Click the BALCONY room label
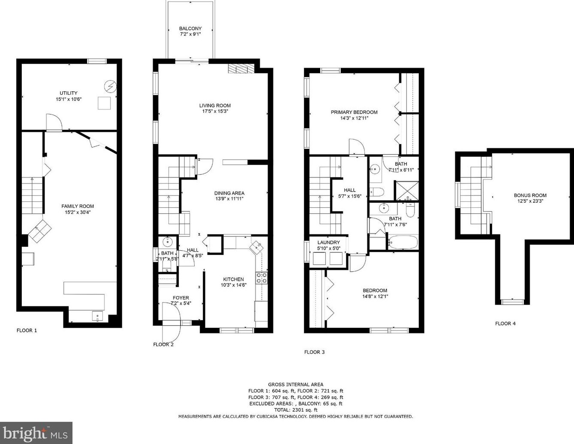(190, 28)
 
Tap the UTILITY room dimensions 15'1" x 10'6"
(69, 99)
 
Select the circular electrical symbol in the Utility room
(110, 86)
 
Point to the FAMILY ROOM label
(78, 206)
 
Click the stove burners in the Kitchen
(261, 278)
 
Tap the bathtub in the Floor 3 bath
(403, 242)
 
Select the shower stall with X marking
(406, 191)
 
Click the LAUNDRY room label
(329, 242)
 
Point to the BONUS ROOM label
(530, 195)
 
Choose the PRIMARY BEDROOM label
(354, 112)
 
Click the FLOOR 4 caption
(505, 324)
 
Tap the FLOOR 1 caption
(27, 330)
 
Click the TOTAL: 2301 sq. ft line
(296, 410)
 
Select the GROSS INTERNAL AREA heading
(296, 384)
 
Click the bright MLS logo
(36, 433)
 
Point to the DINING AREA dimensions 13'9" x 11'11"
(229, 199)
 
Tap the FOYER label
(181, 298)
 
